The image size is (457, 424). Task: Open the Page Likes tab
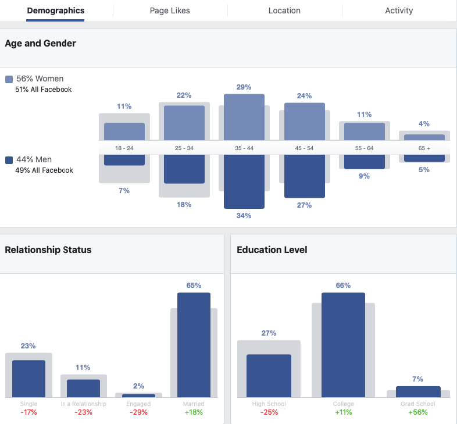[x=170, y=10]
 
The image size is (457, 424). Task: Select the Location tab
[x=284, y=10]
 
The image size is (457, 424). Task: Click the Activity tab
[x=399, y=10]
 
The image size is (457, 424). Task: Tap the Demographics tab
[x=55, y=10]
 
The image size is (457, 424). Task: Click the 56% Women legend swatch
[x=9, y=79]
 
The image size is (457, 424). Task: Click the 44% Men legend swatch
[x=9, y=160]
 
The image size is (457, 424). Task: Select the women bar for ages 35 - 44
[x=244, y=116]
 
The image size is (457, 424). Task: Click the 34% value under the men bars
[x=244, y=216]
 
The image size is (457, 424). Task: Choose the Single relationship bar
[x=28, y=378]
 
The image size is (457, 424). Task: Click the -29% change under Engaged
[x=138, y=412]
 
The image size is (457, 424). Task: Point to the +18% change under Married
[x=194, y=412]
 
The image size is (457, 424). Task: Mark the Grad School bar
[x=418, y=391]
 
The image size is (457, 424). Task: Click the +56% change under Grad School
[x=418, y=412]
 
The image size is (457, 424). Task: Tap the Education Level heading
[x=272, y=250]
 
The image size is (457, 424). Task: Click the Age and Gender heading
[x=41, y=44]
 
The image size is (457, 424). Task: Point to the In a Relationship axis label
[x=83, y=404]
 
